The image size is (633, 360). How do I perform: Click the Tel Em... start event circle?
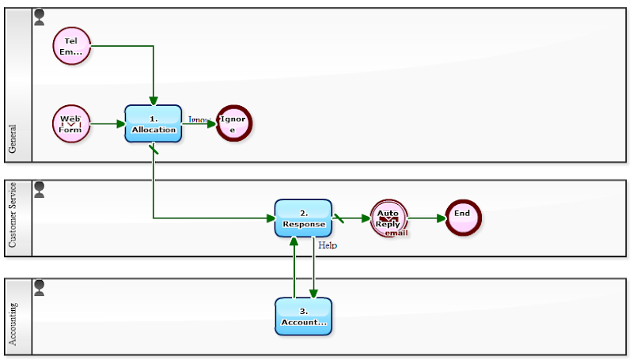(71, 46)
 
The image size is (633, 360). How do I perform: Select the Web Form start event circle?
(71, 123)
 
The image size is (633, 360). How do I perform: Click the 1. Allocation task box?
(154, 123)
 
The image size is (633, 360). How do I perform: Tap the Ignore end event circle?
(233, 123)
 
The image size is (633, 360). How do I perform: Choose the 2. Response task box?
(303, 218)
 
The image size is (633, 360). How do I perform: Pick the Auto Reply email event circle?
(388, 218)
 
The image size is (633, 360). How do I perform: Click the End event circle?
(463, 217)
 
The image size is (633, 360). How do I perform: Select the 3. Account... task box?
(303, 316)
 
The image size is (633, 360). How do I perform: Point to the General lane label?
(13, 138)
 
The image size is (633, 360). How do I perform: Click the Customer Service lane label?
(13, 216)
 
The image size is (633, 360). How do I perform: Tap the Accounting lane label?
(13, 324)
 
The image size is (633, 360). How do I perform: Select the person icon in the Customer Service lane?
(40, 188)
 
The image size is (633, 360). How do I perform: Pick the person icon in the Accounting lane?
(40, 286)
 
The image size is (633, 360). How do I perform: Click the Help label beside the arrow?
(328, 245)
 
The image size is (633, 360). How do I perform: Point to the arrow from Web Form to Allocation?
(108, 123)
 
